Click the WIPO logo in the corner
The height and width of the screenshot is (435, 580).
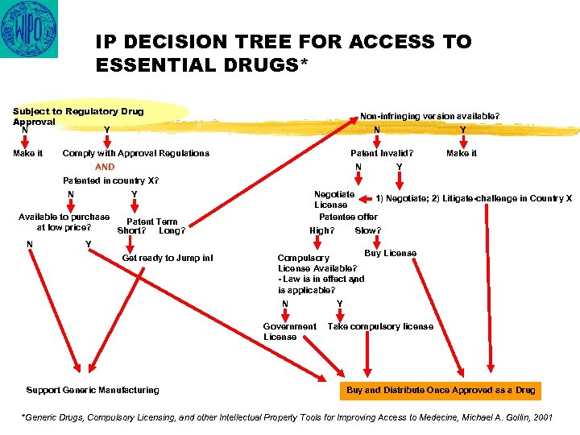29,30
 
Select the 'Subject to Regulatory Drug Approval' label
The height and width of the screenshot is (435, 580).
77,116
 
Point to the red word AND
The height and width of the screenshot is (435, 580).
106,167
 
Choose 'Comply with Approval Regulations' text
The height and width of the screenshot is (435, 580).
135,153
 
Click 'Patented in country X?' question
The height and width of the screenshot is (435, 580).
110,180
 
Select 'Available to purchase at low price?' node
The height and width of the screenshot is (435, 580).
64,222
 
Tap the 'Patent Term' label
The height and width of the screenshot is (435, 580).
152,222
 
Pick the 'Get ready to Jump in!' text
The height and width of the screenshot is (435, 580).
168,258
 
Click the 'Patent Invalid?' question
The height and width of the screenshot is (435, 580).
382,153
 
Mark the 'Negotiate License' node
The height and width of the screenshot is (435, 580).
333,199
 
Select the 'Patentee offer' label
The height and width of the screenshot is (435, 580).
348,217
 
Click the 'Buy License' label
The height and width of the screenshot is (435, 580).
391,253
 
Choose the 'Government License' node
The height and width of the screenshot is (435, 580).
290,331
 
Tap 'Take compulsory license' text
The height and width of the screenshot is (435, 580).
380,326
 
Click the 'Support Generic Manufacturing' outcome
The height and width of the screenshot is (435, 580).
93,390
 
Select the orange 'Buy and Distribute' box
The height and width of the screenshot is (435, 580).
441,390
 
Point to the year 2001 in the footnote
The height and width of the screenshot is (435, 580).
543,418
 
